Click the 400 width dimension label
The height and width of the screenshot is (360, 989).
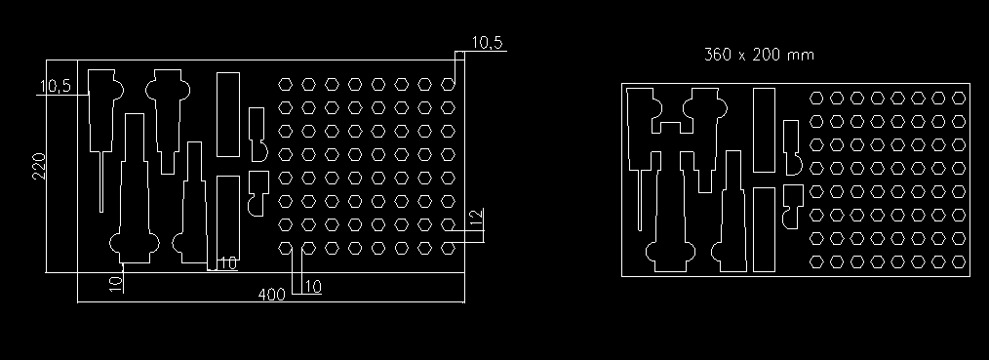[x=271, y=295]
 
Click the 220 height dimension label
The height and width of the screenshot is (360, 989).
[x=39, y=166]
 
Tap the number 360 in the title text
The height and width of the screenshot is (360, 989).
[x=718, y=55]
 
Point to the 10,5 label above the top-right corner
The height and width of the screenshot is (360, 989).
[x=487, y=42]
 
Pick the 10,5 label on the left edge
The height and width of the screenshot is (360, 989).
[x=56, y=87]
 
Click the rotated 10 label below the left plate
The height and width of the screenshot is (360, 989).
[x=115, y=284]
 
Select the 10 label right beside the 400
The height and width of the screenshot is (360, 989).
[x=313, y=287]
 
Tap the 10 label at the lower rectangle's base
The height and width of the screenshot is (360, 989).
[x=228, y=262]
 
